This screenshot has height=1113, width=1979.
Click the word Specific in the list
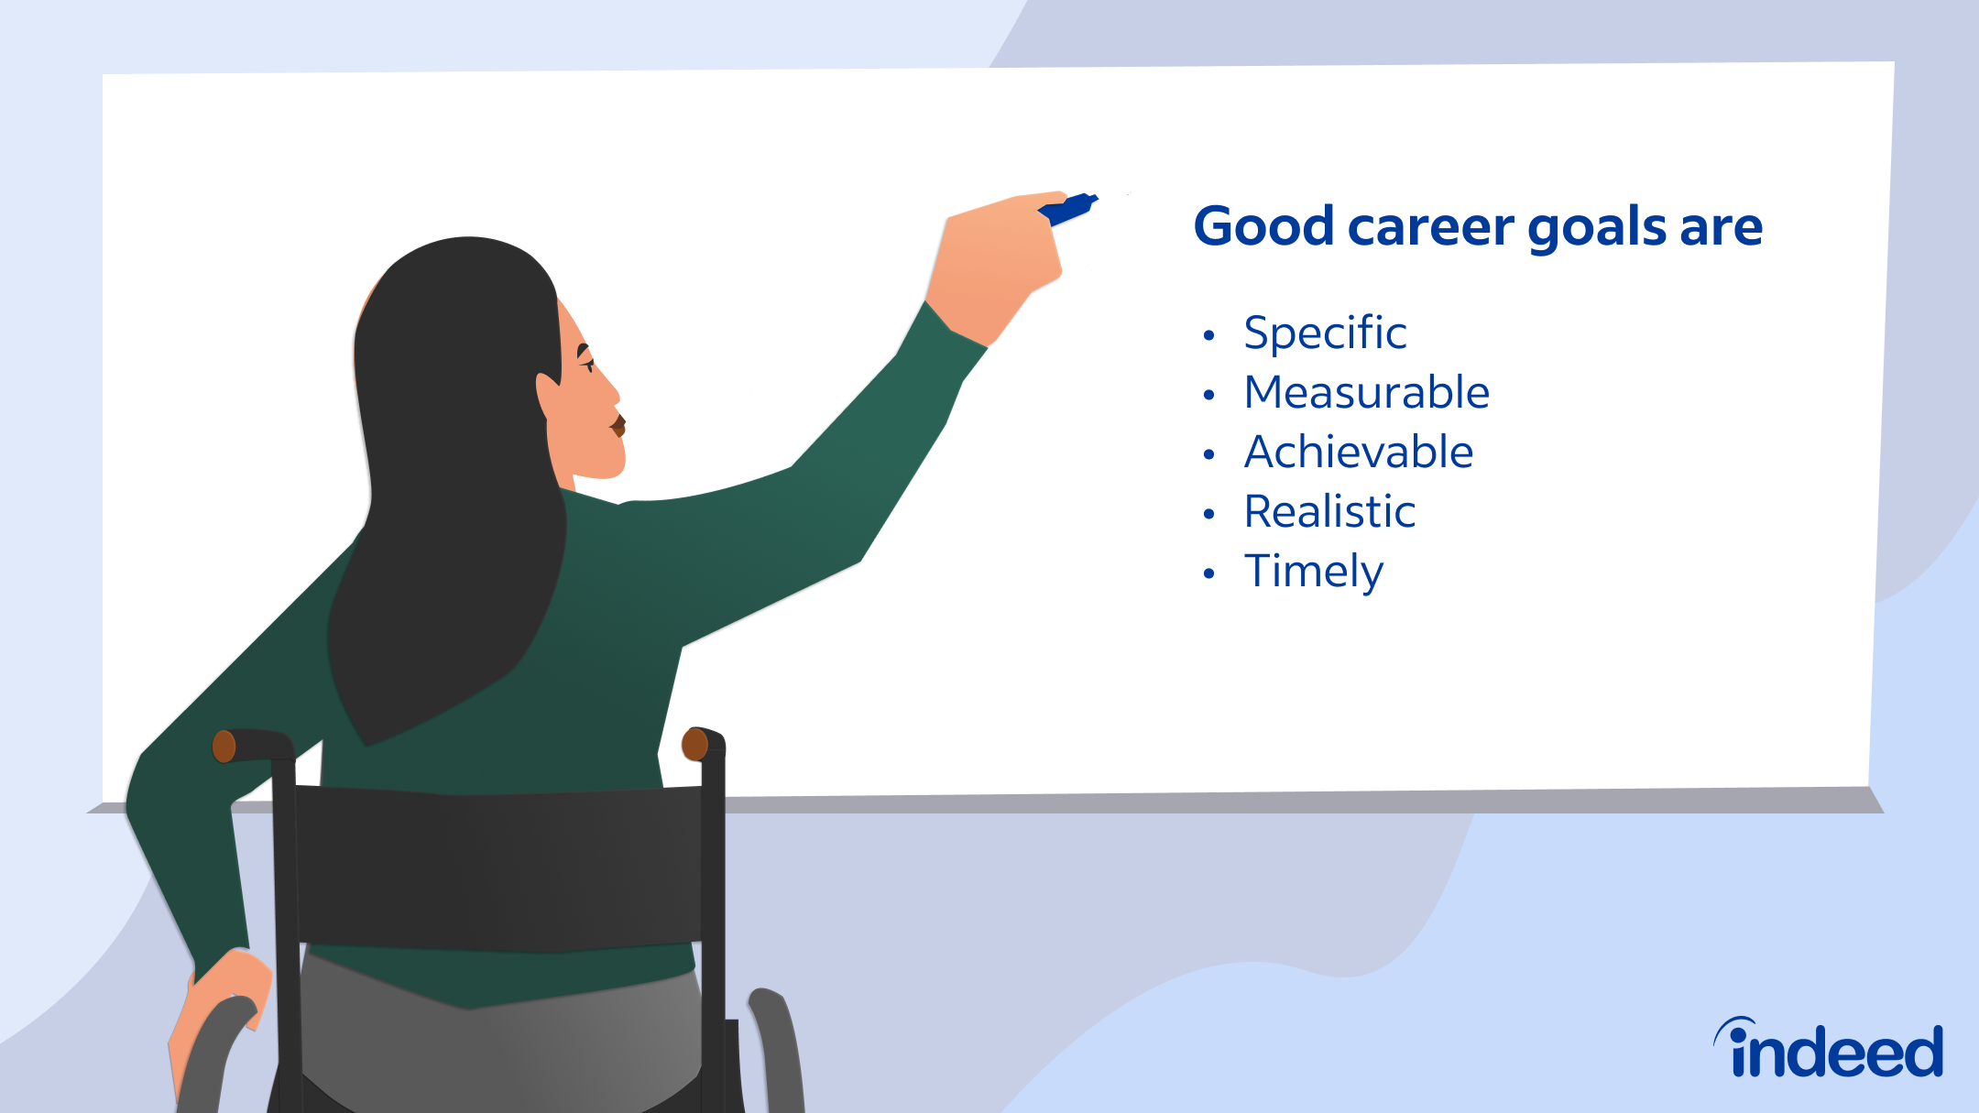pyautogui.click(x=1324, y=333)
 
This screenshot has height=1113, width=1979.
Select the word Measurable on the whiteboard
pyautogui.click(x=1366, y=393)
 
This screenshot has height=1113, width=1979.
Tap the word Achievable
pyautogui.click(x=1358, y=453)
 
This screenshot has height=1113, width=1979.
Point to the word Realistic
pyautogui.click(x=1329, y=512)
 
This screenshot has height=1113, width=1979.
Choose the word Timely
pyautogui.click(x=1313, y=573)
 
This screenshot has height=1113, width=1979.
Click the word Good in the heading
pyautogui.click(x=1263, y=226)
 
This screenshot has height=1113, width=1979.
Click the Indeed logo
pyautogui.click(x=1829, y=1049)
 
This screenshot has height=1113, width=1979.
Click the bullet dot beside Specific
pyautogui.click(x=1208, y=336)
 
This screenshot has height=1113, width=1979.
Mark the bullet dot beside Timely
pyautogui.click(x=1208, y=574)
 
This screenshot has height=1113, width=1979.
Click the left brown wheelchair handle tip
pyautogui.click(x=224, y=747)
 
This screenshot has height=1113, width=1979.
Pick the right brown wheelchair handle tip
pyautogui.click(x=695, y=744)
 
